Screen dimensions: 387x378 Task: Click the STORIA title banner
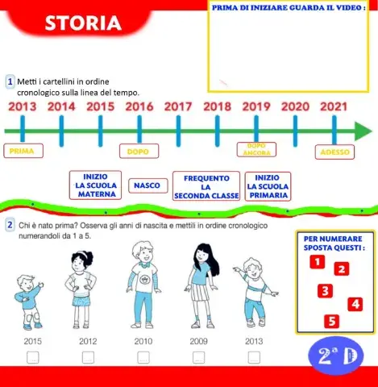coord(82,25)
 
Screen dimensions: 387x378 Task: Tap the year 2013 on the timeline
coord(23,106)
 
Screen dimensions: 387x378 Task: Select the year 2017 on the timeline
coord(178,106)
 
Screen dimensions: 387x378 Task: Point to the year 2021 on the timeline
coord(334,106)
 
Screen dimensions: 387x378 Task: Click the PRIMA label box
coord(23,151)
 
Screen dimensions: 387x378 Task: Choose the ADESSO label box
coord(334,151)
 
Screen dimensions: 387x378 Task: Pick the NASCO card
coord(146,186)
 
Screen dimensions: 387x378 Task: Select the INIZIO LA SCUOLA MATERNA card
coord(96,185)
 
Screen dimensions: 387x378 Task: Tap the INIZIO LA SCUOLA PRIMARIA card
coord(268,185)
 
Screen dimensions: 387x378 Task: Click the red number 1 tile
coord(318,261)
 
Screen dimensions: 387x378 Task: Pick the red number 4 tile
coord(355,304)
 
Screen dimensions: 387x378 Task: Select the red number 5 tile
coord(330,321)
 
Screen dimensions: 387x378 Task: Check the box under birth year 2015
coord(33,356)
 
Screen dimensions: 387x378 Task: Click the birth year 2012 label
coord(88,341)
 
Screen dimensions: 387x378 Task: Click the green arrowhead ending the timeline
coord(363,131)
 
